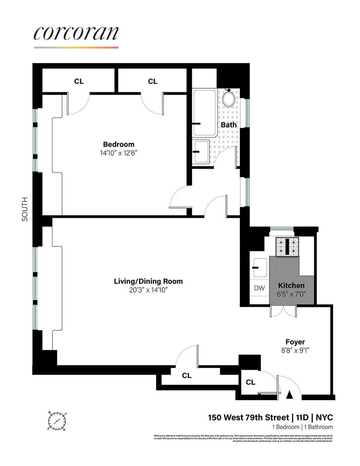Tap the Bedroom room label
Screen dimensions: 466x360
click(118, 144)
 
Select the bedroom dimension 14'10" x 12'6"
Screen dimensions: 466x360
click(118, 153)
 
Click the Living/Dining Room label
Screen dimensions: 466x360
click(148, 281)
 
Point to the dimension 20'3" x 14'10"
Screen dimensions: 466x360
click(148, 290)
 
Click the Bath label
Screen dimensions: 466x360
click(229, 125)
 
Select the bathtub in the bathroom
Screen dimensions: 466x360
click(205, 113)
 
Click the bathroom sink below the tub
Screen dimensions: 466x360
click(201, 151)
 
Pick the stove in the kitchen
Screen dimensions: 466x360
click(287, 247)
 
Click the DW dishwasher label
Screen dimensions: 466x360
click(259, 288)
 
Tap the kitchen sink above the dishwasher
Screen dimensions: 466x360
click(260, 267)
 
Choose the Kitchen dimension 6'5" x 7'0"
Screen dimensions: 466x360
click(291, 294)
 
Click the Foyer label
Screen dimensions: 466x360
click(295, 342)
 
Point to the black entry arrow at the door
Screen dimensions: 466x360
click(289, 395)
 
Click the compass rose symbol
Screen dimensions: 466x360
click(56, 421)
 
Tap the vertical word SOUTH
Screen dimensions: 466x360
click(25, 209)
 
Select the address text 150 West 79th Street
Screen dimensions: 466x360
click(249, 418)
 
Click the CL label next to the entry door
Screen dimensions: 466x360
click(250, 382)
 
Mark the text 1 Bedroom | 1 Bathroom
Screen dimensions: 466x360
click(302, 427)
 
